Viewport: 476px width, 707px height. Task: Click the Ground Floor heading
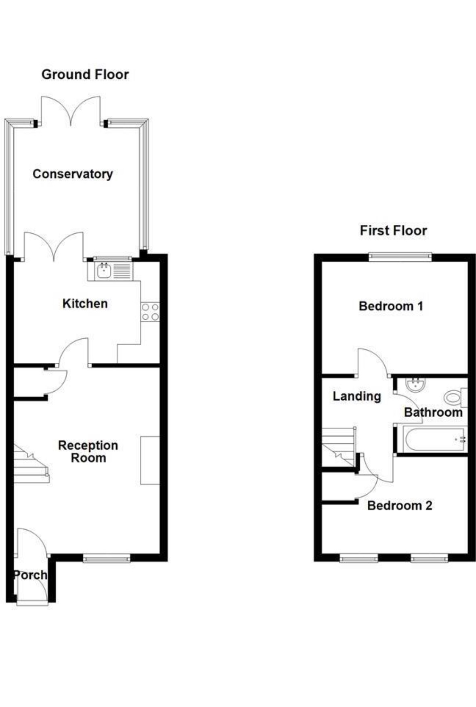click(85, 74)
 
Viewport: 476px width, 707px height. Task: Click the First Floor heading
click(393, 231)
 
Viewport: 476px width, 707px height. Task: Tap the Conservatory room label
click(73, 174)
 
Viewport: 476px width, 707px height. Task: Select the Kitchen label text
click(85, 303)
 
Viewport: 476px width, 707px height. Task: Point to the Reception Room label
click(88, 451)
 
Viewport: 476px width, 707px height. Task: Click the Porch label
click(30, 575)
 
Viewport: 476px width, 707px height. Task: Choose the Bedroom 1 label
click(391, 306)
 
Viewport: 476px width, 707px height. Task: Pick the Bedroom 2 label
click(400, 506)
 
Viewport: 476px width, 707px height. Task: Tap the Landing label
click(356, 397)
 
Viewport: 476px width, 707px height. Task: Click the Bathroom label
click(433, 412)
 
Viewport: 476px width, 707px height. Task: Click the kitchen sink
click(104, 271)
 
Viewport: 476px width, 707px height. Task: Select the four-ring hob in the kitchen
click(150, 312)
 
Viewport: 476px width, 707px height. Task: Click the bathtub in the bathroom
click(435, 439)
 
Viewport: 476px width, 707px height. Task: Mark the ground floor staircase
click(31, 464)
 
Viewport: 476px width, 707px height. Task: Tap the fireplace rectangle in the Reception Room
click(150, 460)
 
